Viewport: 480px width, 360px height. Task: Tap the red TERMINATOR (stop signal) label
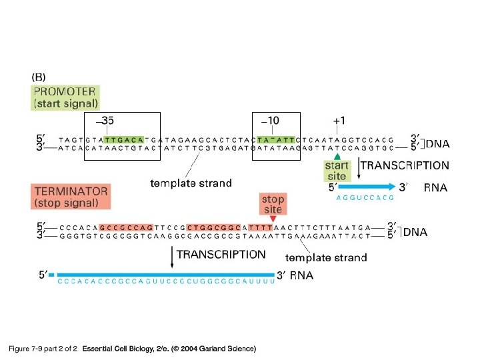71,196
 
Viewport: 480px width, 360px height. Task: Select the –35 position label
105,121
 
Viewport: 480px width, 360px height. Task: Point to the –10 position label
270,121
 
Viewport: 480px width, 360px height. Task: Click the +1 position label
339,121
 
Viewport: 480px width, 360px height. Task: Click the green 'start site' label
336,171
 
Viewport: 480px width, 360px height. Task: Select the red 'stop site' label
273,205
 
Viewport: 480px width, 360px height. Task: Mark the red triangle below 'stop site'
273,219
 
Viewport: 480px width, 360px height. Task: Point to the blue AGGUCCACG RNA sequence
364,198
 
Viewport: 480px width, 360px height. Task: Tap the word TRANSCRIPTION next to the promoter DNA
404,165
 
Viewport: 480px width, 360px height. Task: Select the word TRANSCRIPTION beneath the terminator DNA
221,254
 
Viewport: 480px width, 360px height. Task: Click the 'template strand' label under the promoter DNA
191,183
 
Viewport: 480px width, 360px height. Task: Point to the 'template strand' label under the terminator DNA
326,257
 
